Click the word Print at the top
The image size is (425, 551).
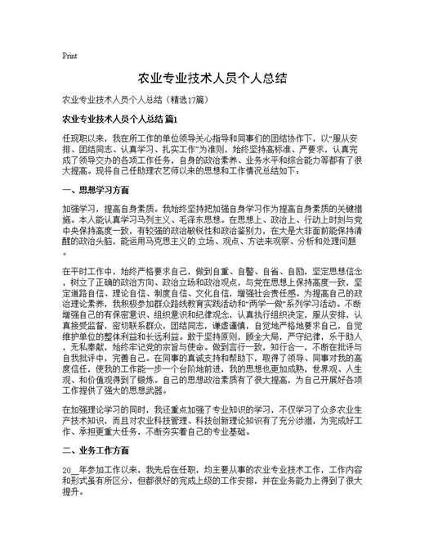tap(69, 56)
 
